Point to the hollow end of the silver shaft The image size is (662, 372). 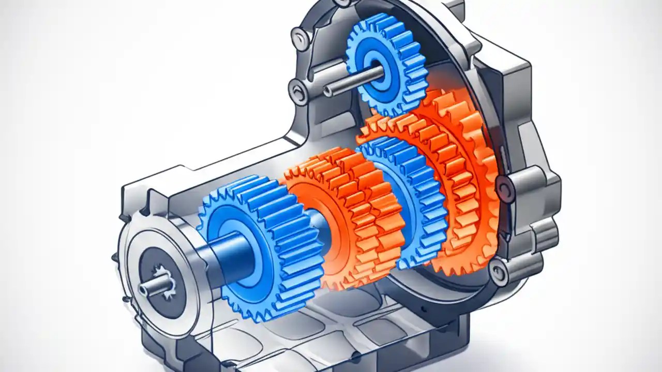[x=327, y=92]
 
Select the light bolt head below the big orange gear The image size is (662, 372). [x=499, y=269]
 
